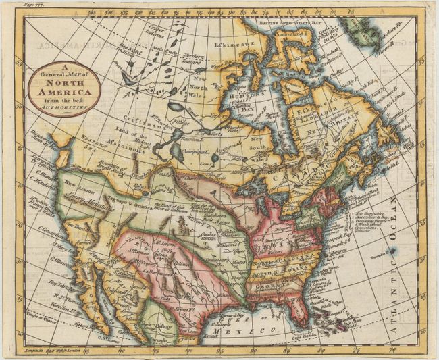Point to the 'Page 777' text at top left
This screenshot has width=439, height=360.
click(31, 5)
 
